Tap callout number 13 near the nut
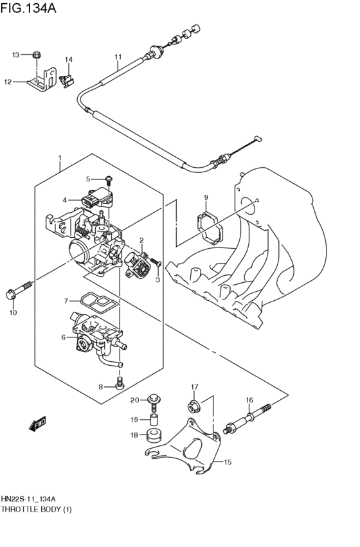tap(16, 55)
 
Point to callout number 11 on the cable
tap(118, 57)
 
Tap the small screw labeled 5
tap(109, 179)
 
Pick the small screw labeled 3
tap(155, 263)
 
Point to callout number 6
tap(64, 337)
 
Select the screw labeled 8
tap(119, 385)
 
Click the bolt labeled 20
tap(153, 401)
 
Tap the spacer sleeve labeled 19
tap(154, 420)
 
